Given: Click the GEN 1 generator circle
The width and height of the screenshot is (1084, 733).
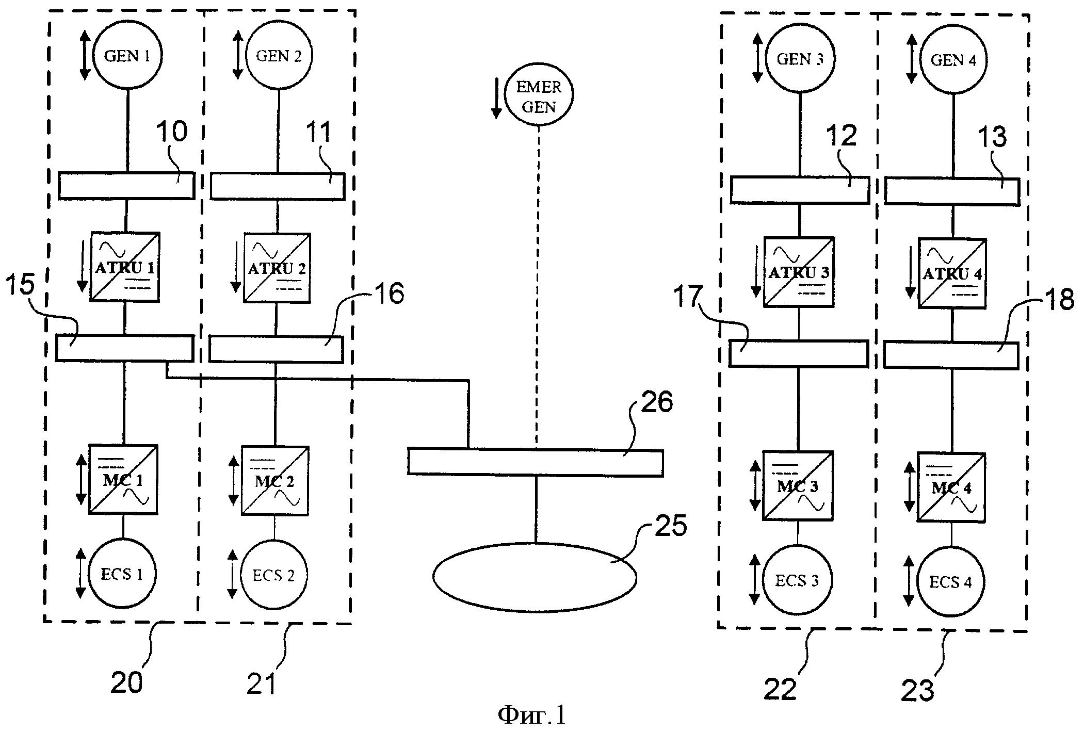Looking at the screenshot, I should (127, 55).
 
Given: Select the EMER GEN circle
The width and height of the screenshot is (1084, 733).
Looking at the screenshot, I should (539, 96).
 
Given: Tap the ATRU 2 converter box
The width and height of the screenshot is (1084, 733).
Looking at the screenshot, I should (277, 268).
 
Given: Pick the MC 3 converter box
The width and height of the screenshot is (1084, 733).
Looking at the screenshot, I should (798, 485).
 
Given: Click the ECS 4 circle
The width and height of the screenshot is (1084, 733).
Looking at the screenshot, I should (951, 581).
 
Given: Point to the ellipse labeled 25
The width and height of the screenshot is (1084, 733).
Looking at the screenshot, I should (535, 577).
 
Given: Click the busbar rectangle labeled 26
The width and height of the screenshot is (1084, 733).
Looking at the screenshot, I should (535, 462).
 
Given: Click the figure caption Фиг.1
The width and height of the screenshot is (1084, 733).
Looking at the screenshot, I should (531, 715).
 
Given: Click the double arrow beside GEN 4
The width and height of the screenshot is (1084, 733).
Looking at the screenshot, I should (912, 59).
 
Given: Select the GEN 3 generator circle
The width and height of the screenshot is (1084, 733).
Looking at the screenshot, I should (800, 59).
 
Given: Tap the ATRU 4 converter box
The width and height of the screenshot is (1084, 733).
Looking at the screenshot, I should (952, 273).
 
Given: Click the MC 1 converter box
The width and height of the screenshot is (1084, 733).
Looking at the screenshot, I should (123, 479).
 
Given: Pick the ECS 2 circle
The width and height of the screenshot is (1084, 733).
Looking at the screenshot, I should (274, 574).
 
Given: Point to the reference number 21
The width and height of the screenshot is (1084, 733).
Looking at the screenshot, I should (262, 683).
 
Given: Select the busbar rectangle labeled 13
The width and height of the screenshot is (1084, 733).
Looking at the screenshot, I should (952, 192).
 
